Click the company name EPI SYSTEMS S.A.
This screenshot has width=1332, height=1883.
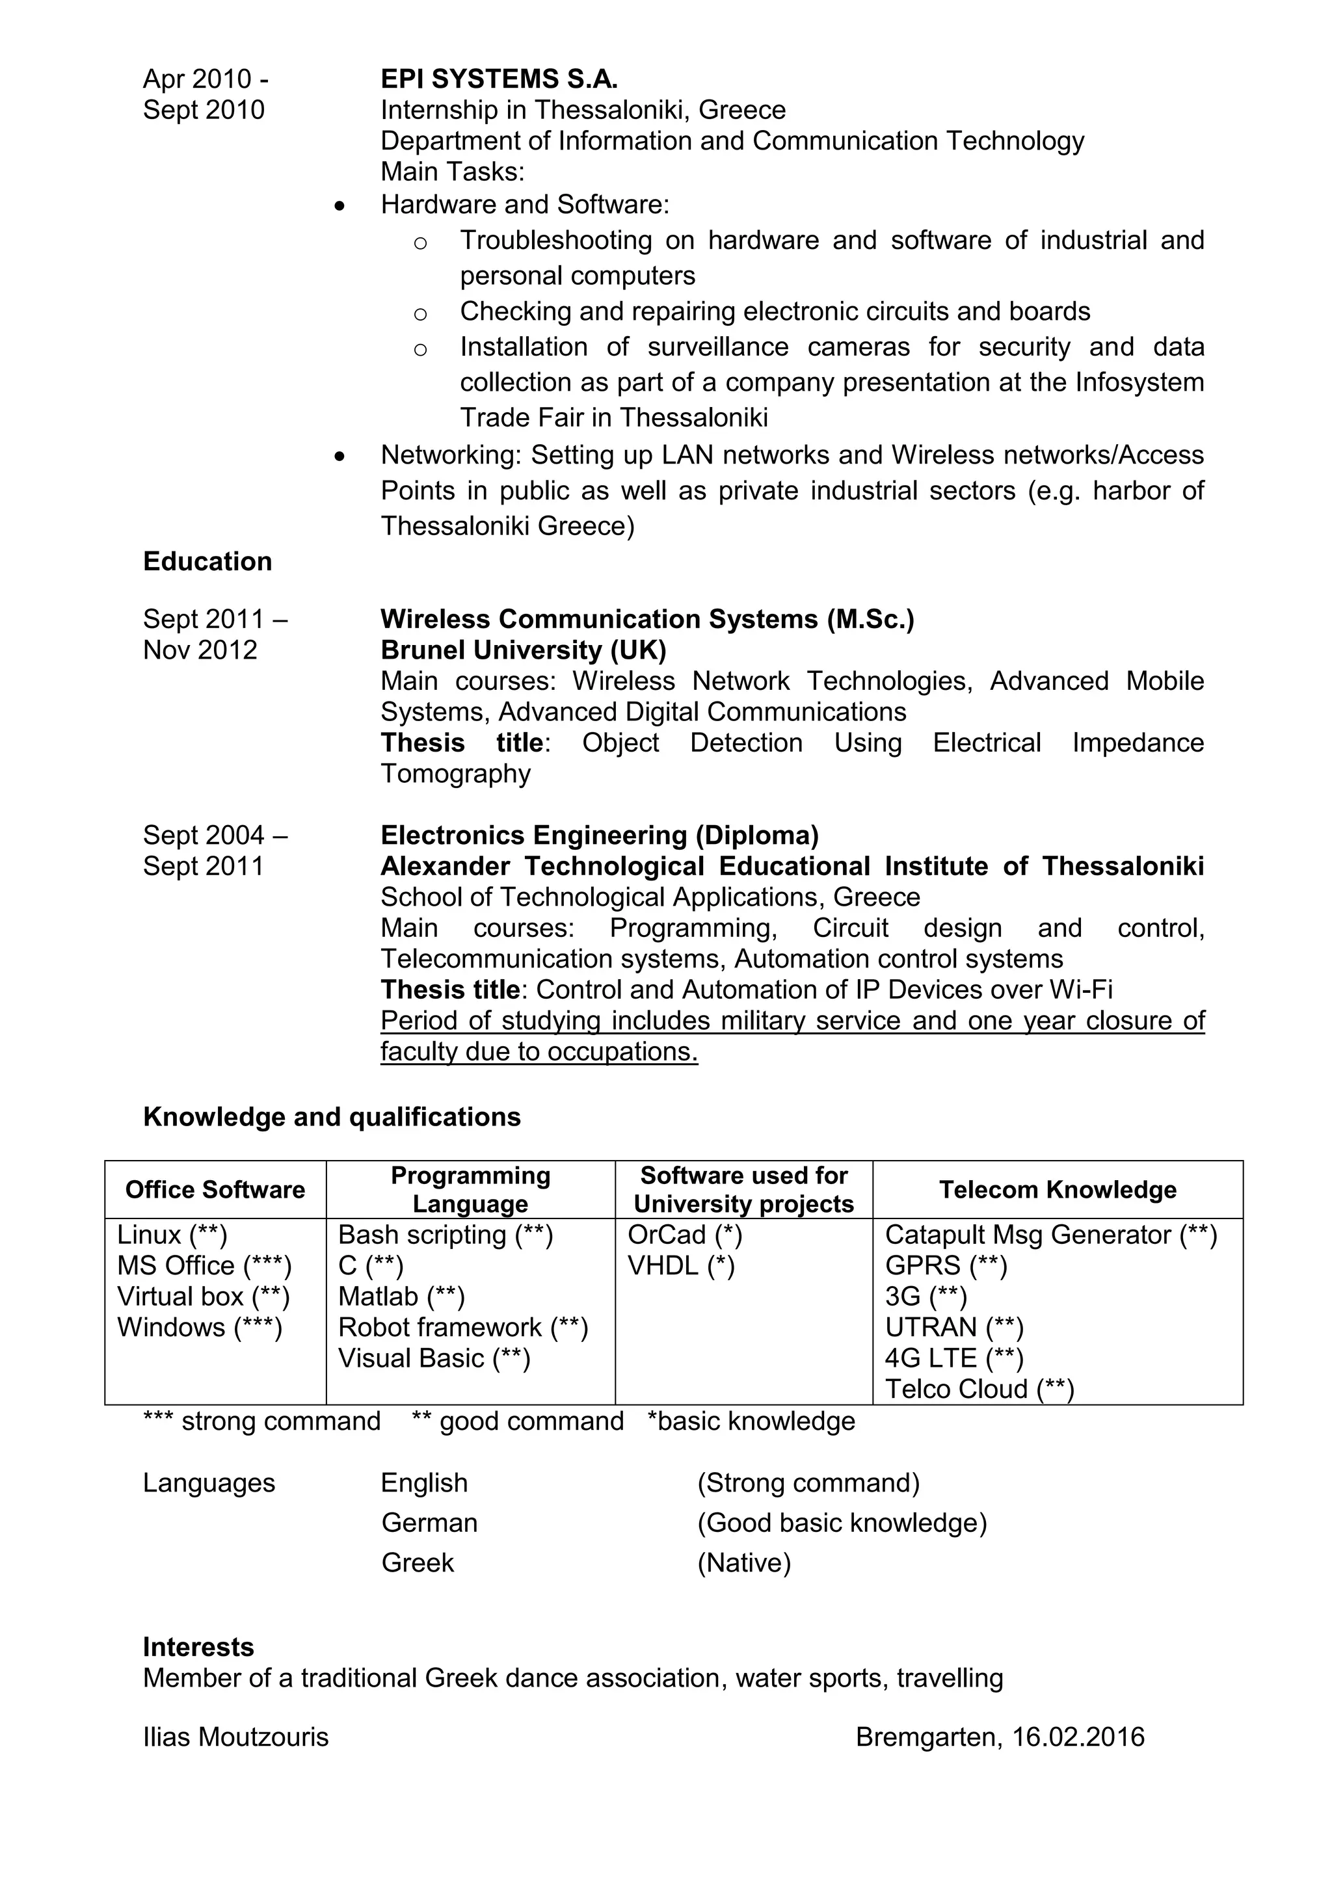499,79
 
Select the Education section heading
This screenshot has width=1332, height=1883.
207,561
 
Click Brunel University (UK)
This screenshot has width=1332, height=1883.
524,650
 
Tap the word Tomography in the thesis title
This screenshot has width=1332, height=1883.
455,773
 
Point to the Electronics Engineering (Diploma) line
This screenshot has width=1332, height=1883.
600,835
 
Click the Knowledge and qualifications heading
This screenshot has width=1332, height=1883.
331,1116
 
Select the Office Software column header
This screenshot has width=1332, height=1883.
215,1189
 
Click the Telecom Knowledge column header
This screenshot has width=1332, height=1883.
1058,1189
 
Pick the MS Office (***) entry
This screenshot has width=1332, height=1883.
204,1265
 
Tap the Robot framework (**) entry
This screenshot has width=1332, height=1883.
462,1327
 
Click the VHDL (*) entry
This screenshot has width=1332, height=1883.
681,1265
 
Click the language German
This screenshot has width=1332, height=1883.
429,1522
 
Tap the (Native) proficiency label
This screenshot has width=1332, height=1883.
744,1562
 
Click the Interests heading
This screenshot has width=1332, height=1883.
198,1647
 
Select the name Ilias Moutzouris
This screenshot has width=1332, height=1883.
235,1737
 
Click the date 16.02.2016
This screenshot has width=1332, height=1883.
1078,1737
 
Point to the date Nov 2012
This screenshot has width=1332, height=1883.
200,650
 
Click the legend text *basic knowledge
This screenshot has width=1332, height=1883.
751,1421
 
